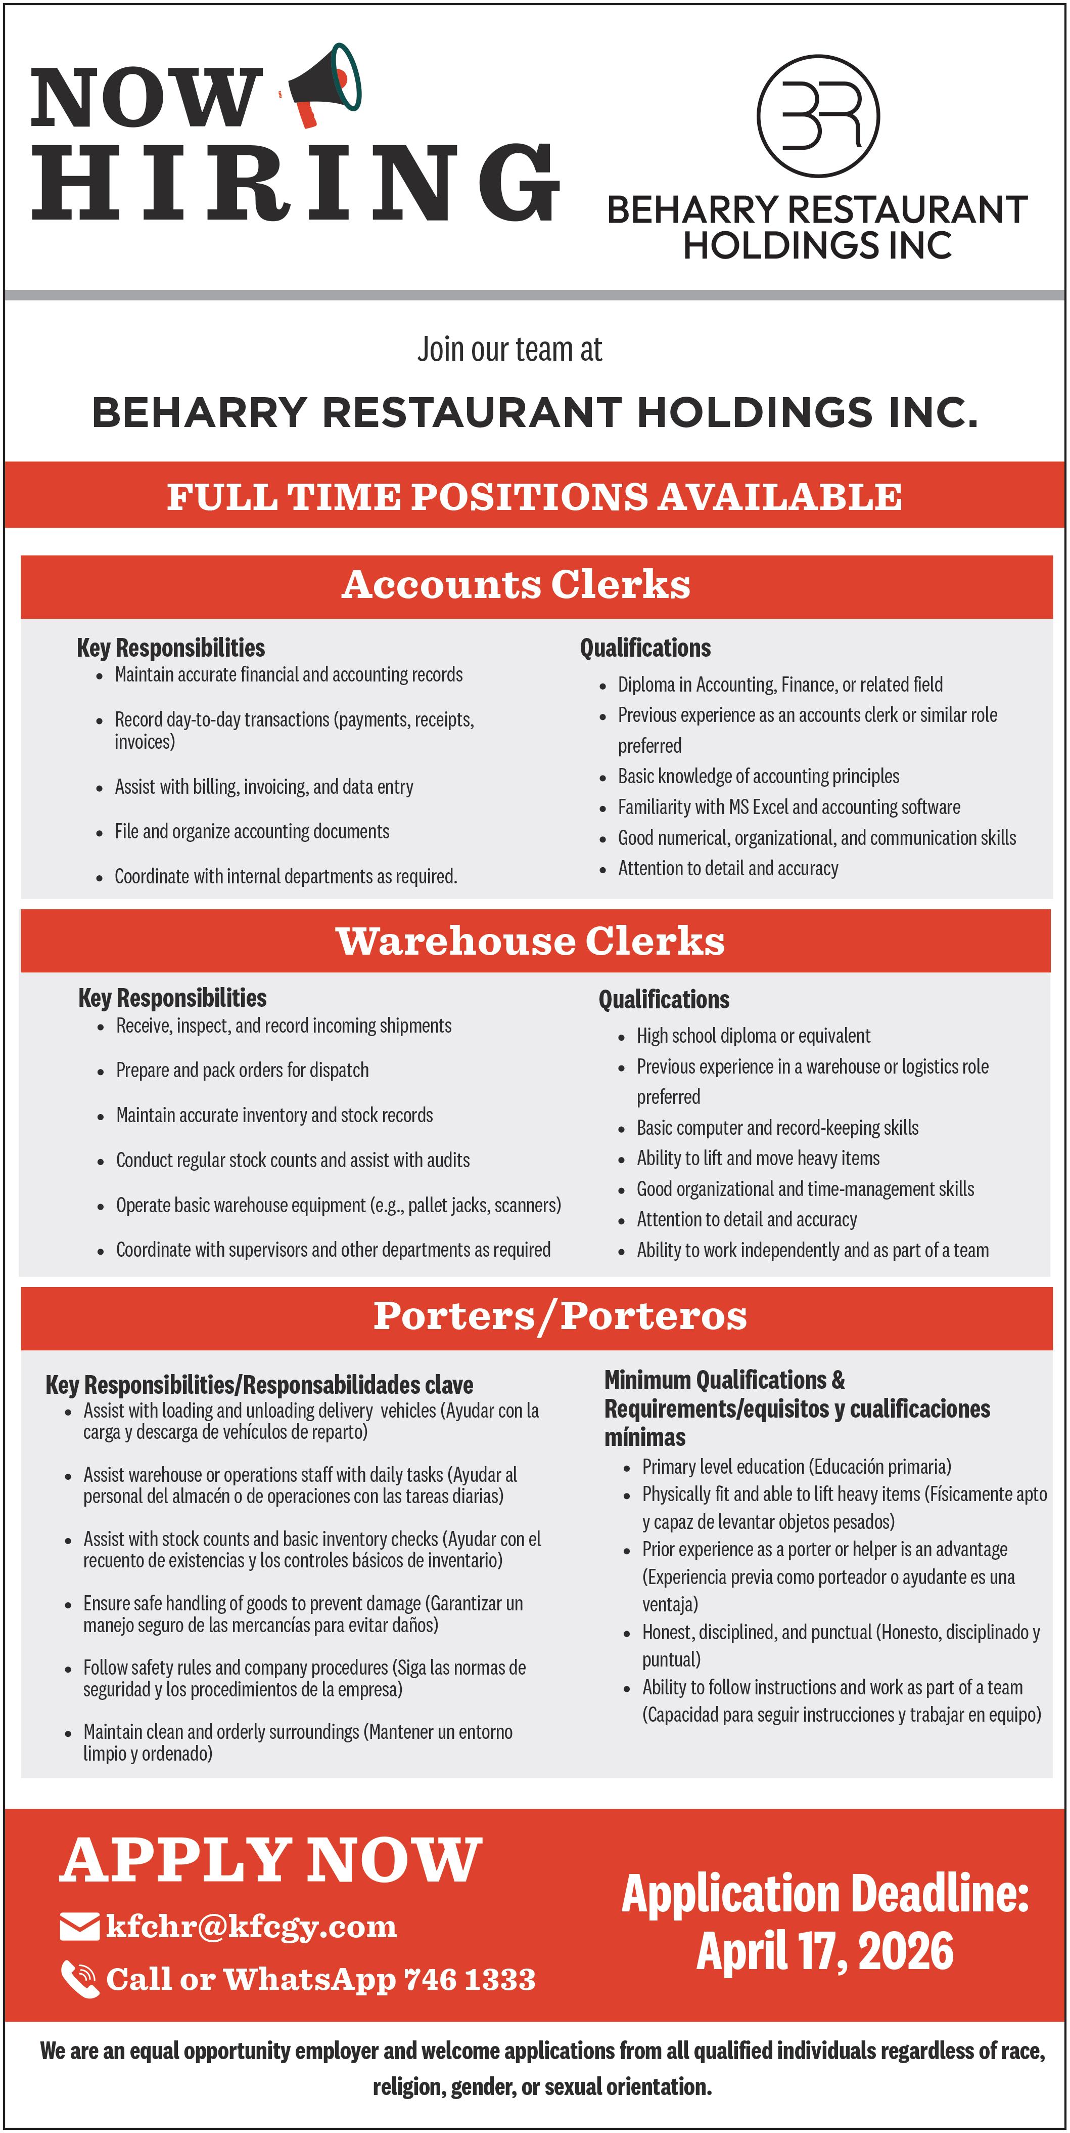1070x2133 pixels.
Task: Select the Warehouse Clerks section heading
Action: click(530, 942)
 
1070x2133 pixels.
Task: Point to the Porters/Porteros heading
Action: click(560, 1316)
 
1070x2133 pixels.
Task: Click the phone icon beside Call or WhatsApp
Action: click(80, 1980)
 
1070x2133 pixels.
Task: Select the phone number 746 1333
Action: click(469, 1980)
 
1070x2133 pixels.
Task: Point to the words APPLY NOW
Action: click(270, 1861)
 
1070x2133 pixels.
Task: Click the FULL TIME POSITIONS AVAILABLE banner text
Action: click(535, 497)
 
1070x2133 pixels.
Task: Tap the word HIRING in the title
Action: click(296, 183)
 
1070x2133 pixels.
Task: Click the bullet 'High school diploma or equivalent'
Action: click(753, 1036)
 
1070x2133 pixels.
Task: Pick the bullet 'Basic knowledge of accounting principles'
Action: click(758, 776)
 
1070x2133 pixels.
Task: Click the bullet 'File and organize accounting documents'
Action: click(252, 831)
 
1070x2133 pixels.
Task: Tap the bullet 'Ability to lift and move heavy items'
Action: click(758, 1159)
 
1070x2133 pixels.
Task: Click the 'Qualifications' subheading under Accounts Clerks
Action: click(644, 648)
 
